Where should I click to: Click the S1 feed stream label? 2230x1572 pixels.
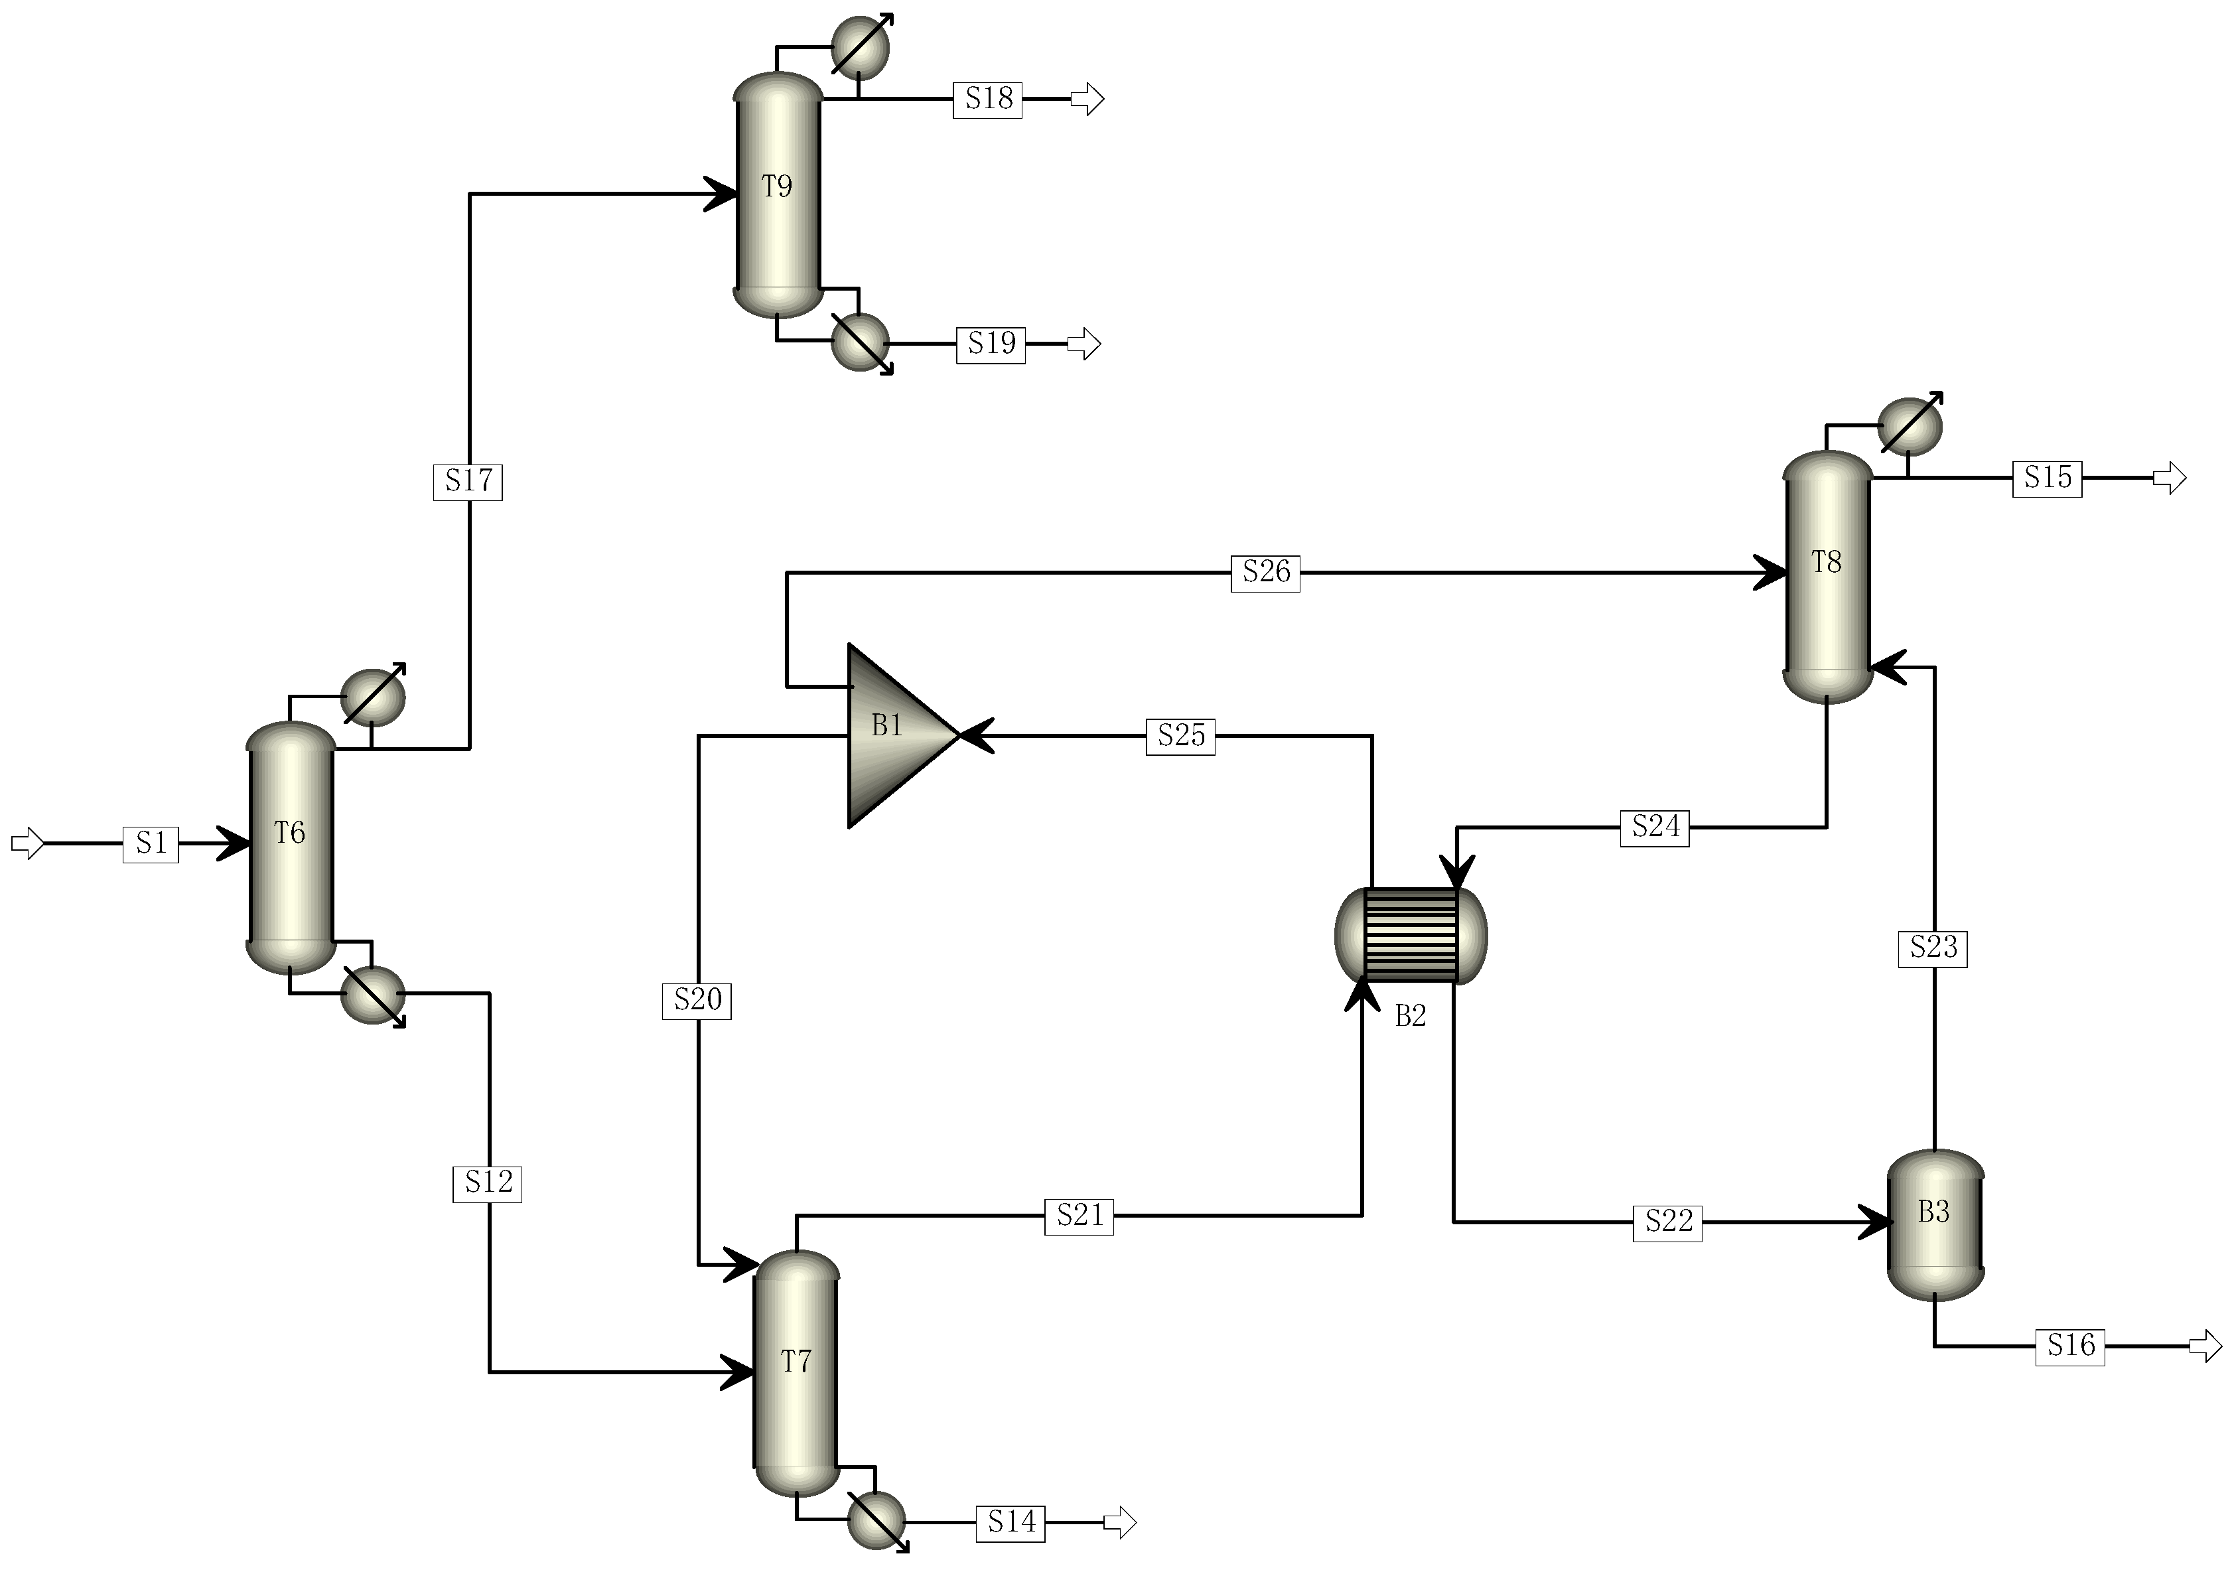(x=151, y=843)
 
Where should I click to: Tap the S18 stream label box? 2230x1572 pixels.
(x=988, y=99)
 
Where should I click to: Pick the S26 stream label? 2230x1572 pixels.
(x=1265, y=572)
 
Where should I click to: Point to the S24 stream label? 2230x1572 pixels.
(x=1654, y=827)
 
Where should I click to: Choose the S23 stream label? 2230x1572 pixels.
(x=1933, y=948)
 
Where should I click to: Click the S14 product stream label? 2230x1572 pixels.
(x=1011, y=1522)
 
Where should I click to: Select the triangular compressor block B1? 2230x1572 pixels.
(x=894, y=735)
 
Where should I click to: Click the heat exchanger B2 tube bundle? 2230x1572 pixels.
(x=1411, y=935)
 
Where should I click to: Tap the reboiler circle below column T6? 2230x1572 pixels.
(x=373, y=995)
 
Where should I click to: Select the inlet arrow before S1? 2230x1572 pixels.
(x=27, y=843)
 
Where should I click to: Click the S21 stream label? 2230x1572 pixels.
(x=1078, y=1216)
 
